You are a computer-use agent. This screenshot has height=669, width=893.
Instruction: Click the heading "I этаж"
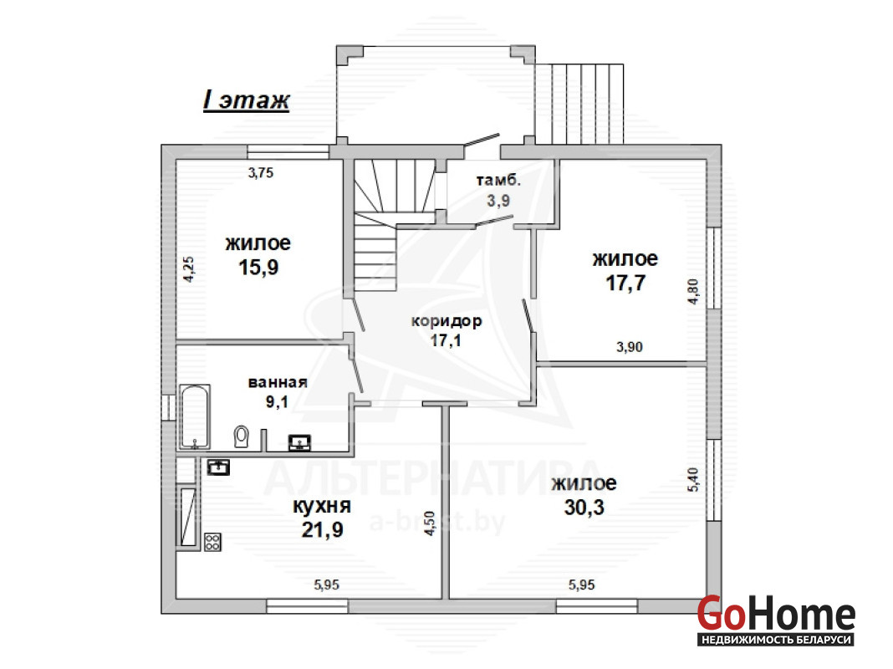[x=247, y=100]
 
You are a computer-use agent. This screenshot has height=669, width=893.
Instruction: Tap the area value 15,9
[x=258, y=267]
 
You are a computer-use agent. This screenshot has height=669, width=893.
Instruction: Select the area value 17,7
[x=625, y=283]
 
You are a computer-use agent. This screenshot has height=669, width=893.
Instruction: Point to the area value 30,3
[x=584, y=508]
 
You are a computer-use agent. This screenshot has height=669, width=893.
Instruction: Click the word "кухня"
[x=322, y=506]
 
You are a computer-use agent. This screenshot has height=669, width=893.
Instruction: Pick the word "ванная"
[x=278, y=382]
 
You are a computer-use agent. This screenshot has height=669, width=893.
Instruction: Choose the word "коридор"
[x=446, y=321]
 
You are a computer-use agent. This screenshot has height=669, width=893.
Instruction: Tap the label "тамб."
[x=498, y=181]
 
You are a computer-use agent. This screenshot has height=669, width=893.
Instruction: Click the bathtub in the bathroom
[x=195, y=417]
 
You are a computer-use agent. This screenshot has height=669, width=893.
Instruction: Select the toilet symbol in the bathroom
[x=242, y=437]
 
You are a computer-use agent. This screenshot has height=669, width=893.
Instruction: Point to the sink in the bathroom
[x=299, y=442]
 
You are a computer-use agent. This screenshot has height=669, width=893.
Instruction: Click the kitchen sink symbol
[x=218, y=467]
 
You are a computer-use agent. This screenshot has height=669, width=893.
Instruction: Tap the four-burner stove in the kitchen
[x=212, y=542]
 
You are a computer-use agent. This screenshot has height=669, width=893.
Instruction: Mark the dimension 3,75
[x=261, y=172]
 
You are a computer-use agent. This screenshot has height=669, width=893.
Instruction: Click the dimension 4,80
[x=693, y=292]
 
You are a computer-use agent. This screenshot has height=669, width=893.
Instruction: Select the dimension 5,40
[x=693, y=480]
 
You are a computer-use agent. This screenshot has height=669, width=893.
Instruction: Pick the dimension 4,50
[x=430, y=523]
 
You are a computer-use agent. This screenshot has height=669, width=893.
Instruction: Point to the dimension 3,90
[x=630, y=347]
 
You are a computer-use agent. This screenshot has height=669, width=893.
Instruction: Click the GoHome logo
[x=776, y=620]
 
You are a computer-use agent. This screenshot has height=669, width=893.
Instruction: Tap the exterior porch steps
[x=579, y=104]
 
